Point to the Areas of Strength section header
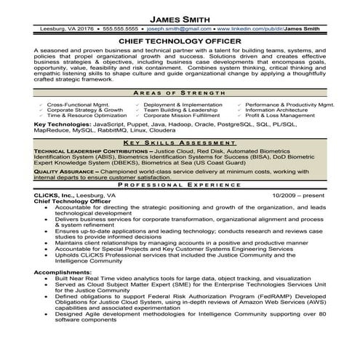click(180, 95)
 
